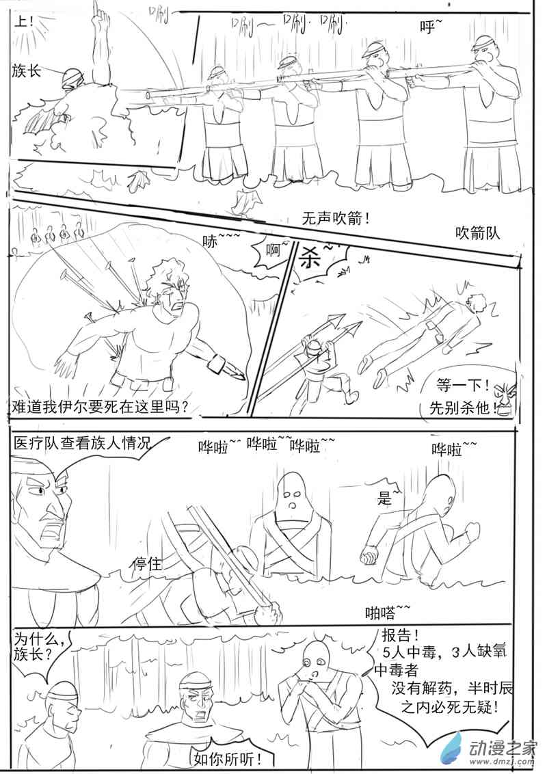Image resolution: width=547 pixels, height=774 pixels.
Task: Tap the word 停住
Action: (148, 564)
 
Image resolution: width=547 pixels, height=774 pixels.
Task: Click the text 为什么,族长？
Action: (40, 647)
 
